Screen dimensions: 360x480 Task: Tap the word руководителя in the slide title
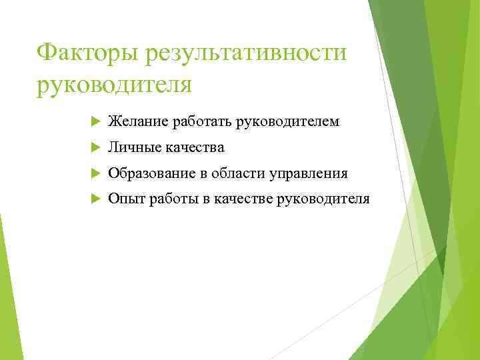[x=114, y=85]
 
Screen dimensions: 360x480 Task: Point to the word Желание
[x=138, y=121]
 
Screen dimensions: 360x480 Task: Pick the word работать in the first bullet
[x=198, y=121]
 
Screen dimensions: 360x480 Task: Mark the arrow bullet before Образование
[x=94, y=174]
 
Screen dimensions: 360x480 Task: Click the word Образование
[x=151, y=173]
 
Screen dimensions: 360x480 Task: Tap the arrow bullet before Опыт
[x=94, y=199]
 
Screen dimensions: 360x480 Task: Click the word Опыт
[x=123, y=199]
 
